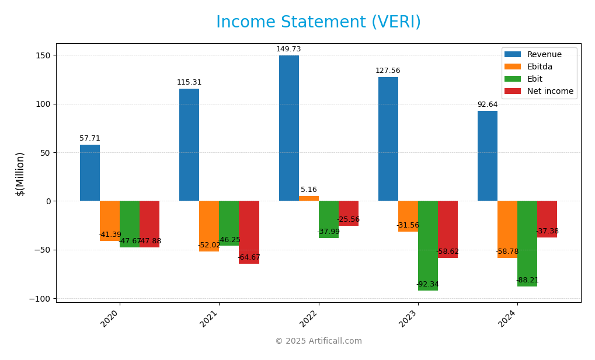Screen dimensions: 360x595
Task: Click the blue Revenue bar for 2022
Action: click(x=288, y=128)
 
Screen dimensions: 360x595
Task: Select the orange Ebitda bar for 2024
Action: click(x=507, y=229)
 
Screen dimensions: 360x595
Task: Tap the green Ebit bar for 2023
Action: click(x=427, y=246)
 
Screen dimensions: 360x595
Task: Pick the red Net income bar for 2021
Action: click(x=249, y=232)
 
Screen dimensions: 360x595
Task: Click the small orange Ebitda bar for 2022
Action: click(x=309, y=198)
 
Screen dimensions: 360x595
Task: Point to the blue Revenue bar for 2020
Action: click(x=90, y=173)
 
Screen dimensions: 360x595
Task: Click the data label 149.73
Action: click(x=288, y=50)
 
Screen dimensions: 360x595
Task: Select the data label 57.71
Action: click(x=90, y=139)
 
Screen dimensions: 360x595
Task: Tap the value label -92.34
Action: click(x=427, y=285)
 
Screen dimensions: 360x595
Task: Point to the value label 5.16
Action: click(x=309, y=190)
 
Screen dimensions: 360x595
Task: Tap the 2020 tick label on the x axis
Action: click(x=109, y=319)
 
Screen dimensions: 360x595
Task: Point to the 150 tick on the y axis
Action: click(x=43, y=55)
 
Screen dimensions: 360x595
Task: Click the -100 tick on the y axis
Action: click(x=40, y=299)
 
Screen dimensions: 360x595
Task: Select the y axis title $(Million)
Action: click(x=20, y=174)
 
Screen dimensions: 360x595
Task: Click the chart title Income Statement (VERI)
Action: click(x=318, y=23)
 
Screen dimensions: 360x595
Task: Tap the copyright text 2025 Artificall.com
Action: click(x=318, y=341)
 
